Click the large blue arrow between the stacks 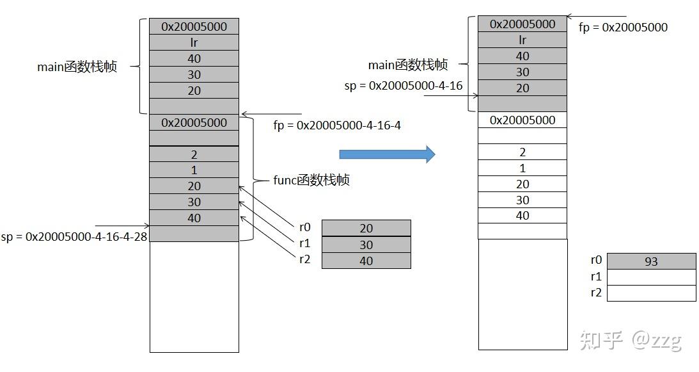pyautogui.click(x=386, y=154)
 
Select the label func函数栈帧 pyautogui.click(x=311, y=180)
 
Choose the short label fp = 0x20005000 pyautogui.click(x=622, y=27)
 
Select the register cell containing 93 pyautogui.click(x=651, y=261)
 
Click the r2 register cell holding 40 pyautogui.click(x=366, y=261)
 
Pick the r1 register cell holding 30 pyautogui.click(x=366, y=245)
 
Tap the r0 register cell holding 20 pyautogui.click(x=366, y=229)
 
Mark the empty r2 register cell pyautogui.click(x=651, y=293)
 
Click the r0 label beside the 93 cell pyautogui.click(x=596, y=261)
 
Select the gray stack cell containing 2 pyautogui.click(x=194, y=154)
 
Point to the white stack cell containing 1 pyautogui.click(x=522, y=168)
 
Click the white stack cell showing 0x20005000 pyautogui.click(x=522, y=120)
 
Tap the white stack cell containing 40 pyautogui.click(x=522, y=216)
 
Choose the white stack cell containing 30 pyautogui.click(x=522, y=200)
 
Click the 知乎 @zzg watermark pyautogui.click(x=631, y=340)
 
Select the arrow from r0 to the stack pyautogui.click(x=269, y=207)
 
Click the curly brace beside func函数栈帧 pyautogui.click(x=254, y=179)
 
